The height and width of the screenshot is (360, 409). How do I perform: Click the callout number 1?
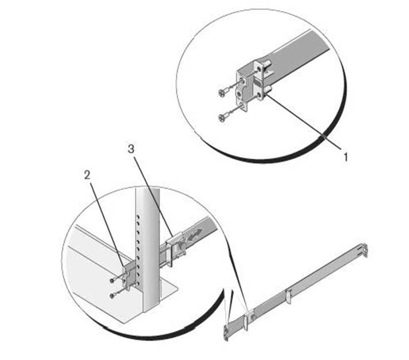point(345,157)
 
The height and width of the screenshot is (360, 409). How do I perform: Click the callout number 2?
point(87,175)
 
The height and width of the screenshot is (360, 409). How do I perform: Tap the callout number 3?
point(131,149)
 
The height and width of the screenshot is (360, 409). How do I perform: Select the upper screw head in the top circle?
point(222,93)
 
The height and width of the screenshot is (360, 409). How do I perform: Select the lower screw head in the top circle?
point(222,118)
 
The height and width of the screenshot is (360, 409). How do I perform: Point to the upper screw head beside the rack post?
point(112,280)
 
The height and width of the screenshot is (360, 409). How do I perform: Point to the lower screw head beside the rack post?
point(112,296)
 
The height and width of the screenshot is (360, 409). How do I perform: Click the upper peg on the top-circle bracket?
point(268,64)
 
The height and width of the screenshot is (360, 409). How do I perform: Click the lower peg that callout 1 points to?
point(268,89)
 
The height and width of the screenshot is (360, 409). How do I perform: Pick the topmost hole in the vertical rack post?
point(138,217)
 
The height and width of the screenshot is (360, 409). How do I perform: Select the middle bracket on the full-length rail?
point(288,296)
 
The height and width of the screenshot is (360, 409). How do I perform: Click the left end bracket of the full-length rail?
point(226,333)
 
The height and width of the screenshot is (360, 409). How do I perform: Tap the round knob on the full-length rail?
point(252,317)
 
